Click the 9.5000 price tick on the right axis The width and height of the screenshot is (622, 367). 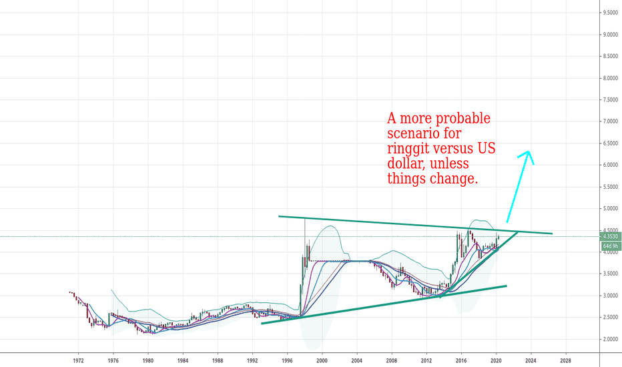tap(608, 13)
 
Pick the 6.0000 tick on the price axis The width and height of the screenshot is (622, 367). tap(608, 165)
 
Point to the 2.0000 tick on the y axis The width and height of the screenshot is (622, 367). tap(608, 339)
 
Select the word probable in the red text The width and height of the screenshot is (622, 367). tap(462, 119)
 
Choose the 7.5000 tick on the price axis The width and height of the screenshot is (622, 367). tap(608, 100)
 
